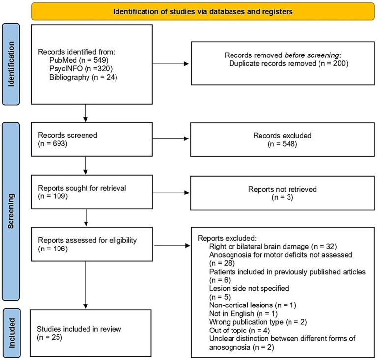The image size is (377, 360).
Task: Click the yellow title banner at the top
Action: (203, 11)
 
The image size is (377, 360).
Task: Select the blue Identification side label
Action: (11, 64)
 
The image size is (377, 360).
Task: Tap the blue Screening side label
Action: (11, 211)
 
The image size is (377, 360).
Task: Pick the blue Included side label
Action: (11, 333)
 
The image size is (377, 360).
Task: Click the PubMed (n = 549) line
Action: (79, 60)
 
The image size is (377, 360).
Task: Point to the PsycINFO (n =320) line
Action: (81, 69)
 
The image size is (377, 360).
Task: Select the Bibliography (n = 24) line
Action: (83, 77)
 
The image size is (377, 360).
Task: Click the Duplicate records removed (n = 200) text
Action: (289, 63)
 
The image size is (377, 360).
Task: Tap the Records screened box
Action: (92, 139)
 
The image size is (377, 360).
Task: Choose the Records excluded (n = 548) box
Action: (282, 139)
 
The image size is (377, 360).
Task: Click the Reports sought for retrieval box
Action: (92, 192)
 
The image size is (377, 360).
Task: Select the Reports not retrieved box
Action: (282, 193)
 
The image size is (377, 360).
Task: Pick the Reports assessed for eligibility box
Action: (92, 244)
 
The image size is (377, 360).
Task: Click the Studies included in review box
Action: (90, 333)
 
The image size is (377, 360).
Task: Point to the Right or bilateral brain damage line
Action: (273, 247)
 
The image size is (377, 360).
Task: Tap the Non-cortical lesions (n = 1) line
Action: (253, 305)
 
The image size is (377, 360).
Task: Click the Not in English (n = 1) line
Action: (243, 314)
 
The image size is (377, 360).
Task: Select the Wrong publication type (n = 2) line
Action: (258, 322)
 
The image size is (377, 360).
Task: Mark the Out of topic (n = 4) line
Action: (239, 331)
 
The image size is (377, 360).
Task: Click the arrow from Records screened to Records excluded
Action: (171, 138)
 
